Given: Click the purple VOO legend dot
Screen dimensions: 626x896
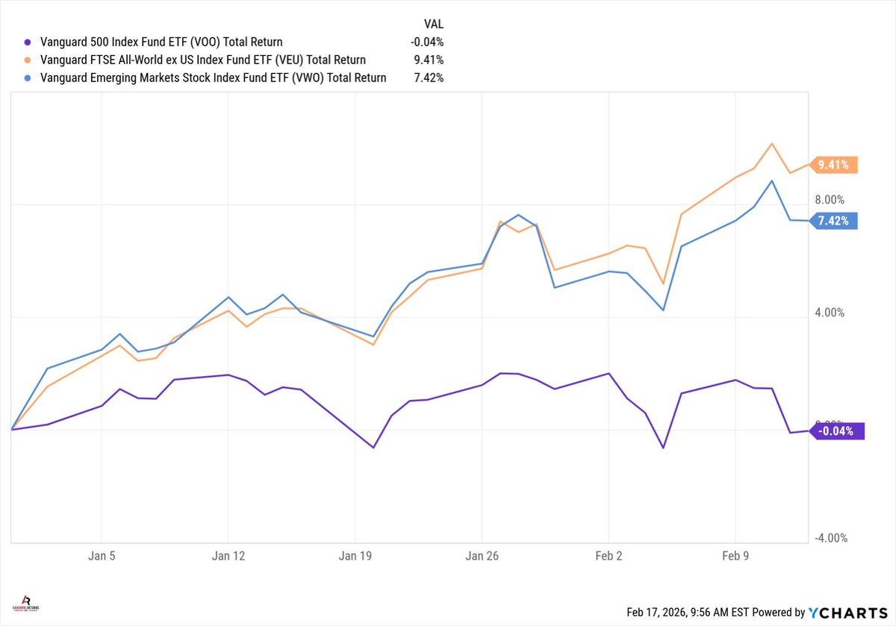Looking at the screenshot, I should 28,43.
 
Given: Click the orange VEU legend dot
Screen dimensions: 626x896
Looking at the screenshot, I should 28,60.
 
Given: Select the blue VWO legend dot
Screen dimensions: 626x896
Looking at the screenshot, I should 28,78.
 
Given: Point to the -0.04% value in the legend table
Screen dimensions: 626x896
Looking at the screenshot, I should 428,43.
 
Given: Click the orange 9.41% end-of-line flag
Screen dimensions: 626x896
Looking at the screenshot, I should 834,165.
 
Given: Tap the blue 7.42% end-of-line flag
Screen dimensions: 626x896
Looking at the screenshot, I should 834,221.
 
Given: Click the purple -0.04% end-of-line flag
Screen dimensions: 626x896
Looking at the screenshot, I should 837,431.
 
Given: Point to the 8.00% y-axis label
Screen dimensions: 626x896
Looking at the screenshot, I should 829,199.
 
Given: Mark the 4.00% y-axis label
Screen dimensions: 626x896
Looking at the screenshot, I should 829,313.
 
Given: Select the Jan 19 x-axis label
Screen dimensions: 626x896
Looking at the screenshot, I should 355,556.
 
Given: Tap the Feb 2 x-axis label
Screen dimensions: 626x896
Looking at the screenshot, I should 609,556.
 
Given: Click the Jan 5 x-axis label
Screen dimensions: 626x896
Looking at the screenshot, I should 102,556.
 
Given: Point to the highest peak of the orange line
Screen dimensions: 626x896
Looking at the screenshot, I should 772,143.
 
